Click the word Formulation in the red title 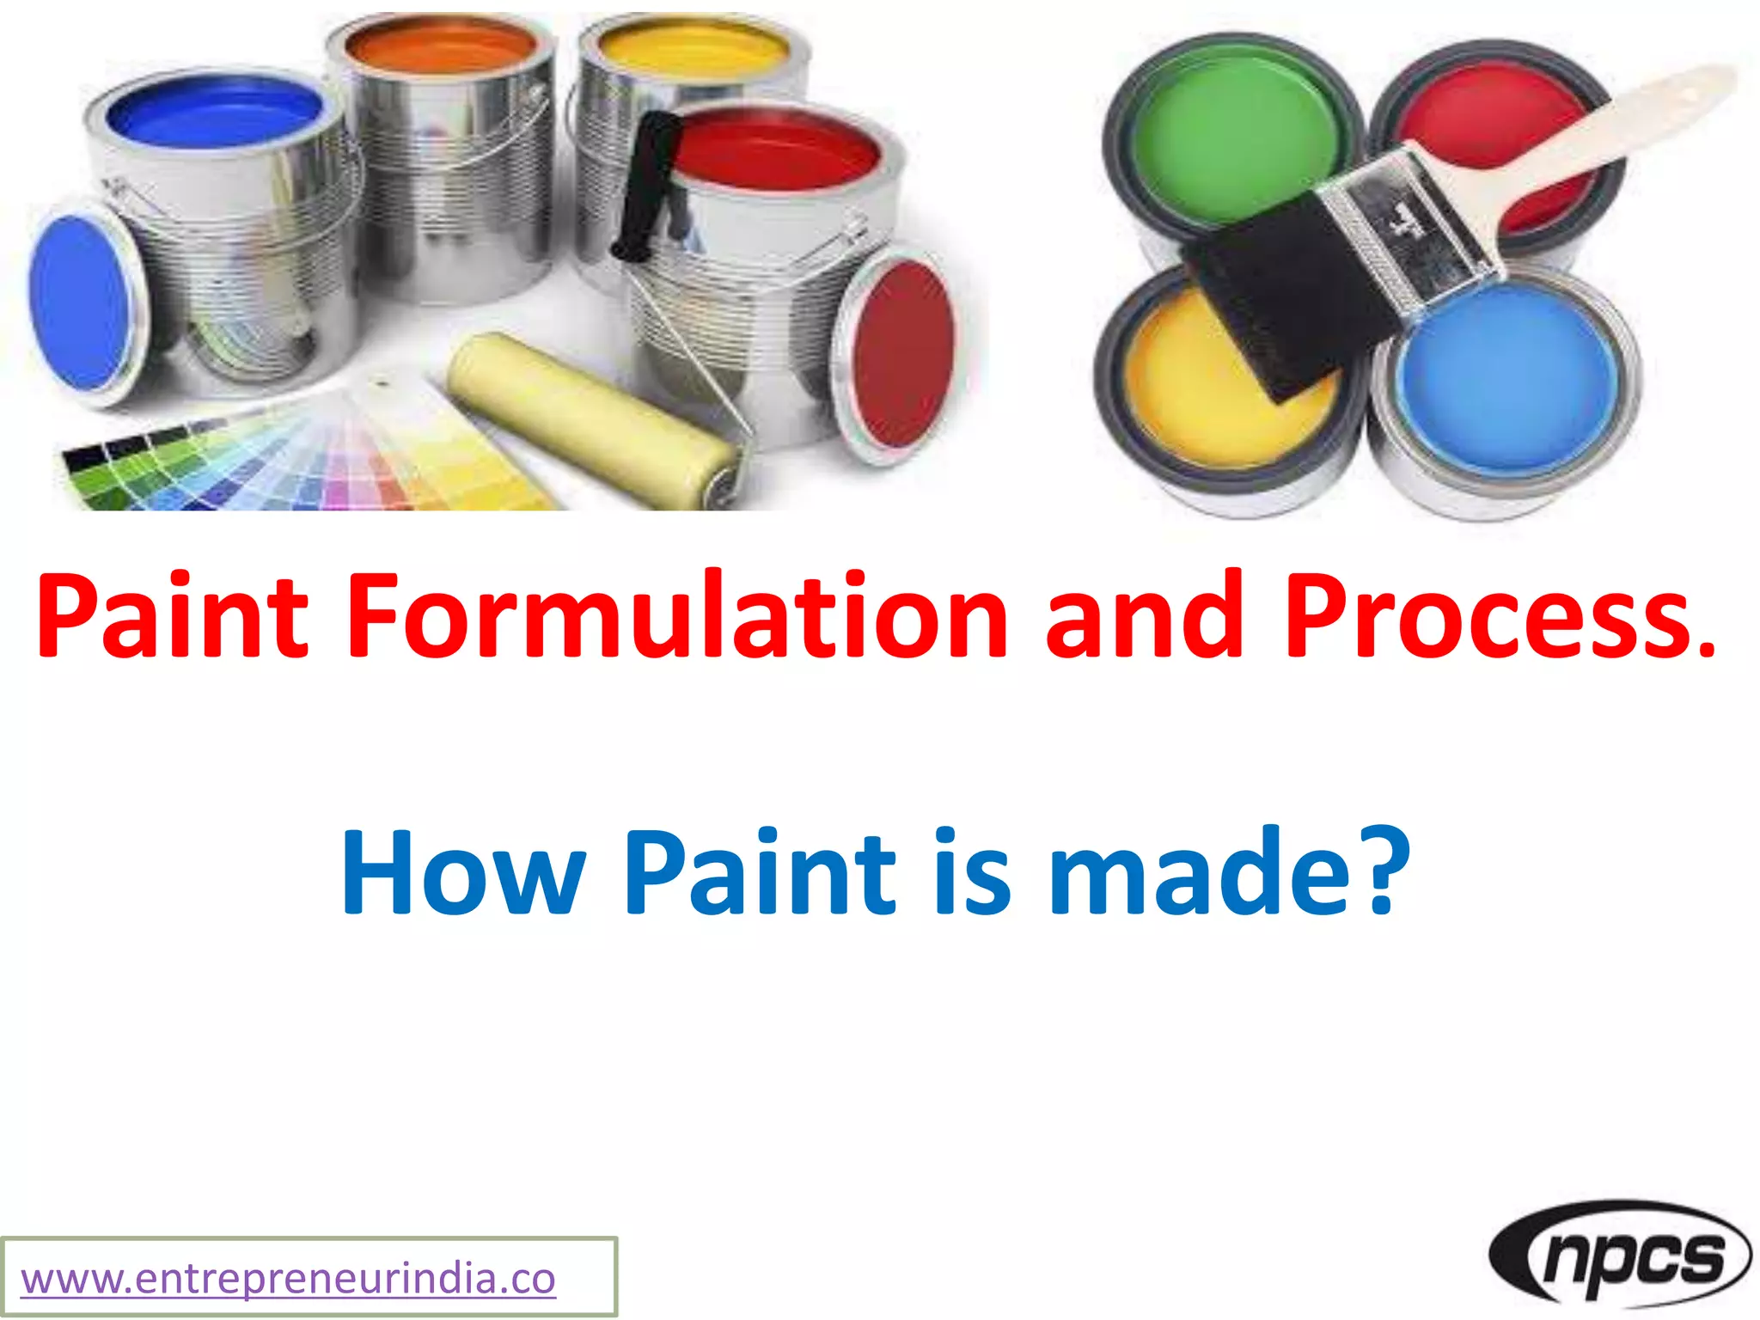click(x=676, y=617)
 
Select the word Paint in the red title click(x=172, y=617)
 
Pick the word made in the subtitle click(x=1203, y=875)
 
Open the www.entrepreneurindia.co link click(x=288, y=1279)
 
